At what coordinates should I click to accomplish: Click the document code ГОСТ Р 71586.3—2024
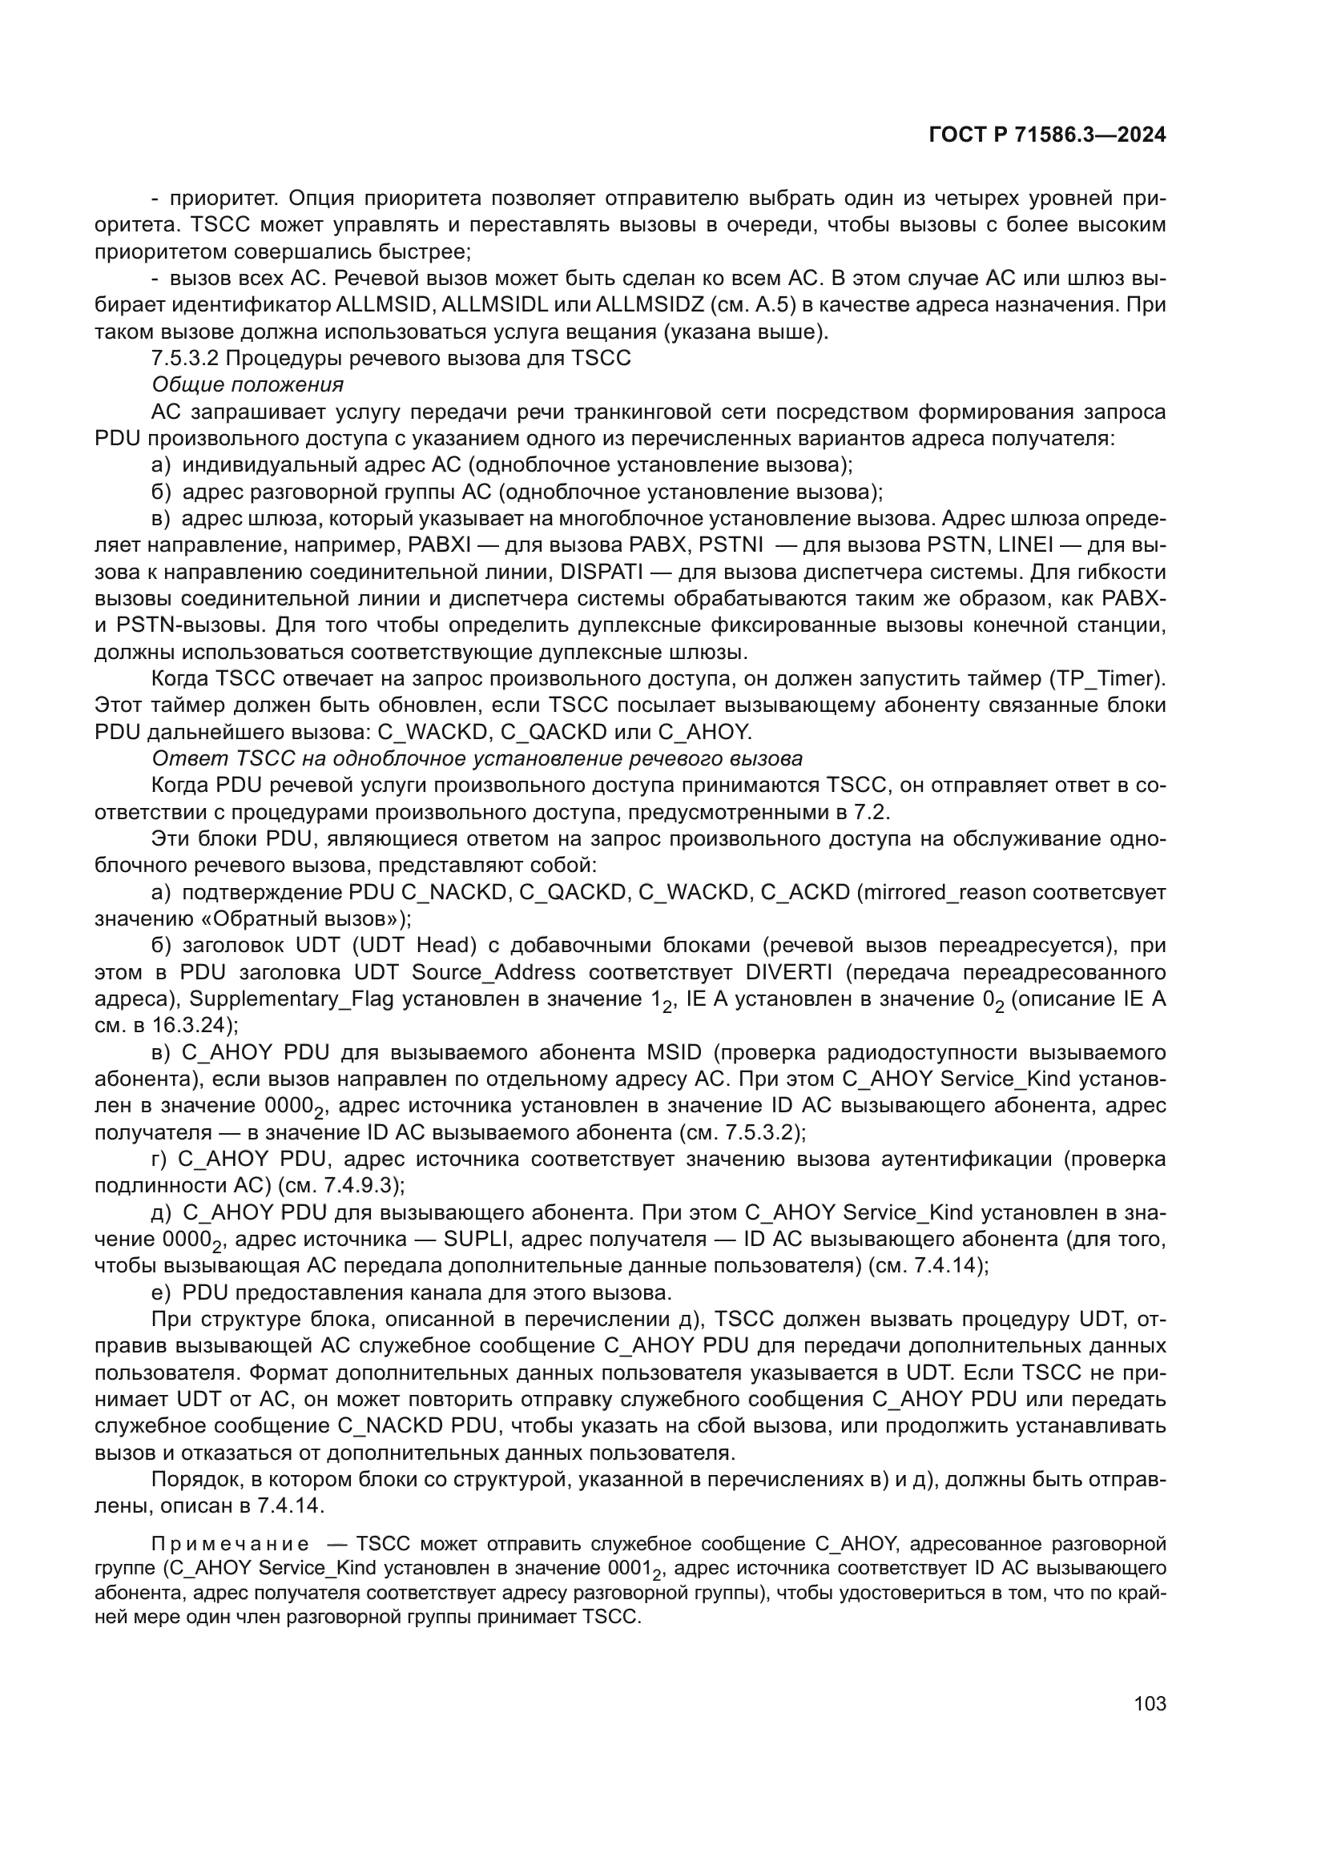[1047, 135]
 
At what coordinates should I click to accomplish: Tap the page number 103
[1150, 1703]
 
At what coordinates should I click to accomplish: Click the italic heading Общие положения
[248, 384]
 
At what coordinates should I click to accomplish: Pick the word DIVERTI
[788, 972]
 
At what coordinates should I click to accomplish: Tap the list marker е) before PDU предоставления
[161, 1293]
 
